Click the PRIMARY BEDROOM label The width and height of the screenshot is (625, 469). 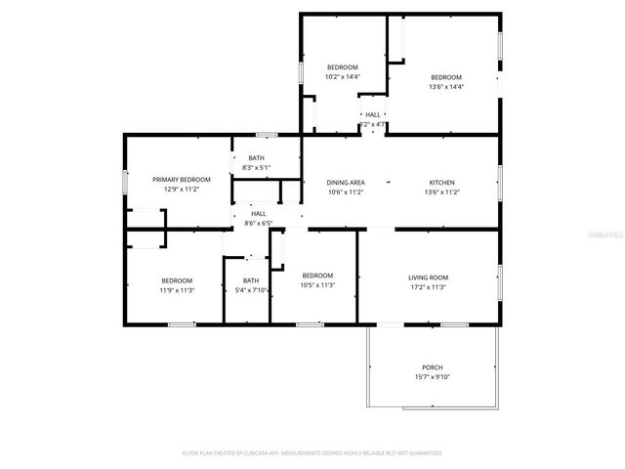point(182,180)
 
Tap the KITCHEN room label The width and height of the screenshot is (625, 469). point(442,183)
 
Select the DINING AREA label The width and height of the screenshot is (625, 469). point(346,183)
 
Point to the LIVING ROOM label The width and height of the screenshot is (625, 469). point(428,277)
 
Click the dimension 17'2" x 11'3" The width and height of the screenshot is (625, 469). point(428,287)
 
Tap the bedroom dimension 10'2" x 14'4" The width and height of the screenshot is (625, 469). point(342,76)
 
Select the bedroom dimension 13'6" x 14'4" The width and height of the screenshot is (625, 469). point(446,86)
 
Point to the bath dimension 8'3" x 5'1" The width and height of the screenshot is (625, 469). point(256,168)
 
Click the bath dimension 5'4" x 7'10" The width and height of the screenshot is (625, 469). point(251,290)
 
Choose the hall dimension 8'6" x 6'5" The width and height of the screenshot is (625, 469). point(258,223)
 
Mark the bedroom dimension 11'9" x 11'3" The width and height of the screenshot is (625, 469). point(177,290)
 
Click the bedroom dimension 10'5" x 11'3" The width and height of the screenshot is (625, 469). point(317,285)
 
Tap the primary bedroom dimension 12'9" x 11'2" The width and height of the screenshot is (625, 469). point(182,190)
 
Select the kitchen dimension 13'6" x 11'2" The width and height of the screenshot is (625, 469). point(442,192)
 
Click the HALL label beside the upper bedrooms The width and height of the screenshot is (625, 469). point(373,115)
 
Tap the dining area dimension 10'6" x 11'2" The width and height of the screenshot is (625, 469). point(346,192)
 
